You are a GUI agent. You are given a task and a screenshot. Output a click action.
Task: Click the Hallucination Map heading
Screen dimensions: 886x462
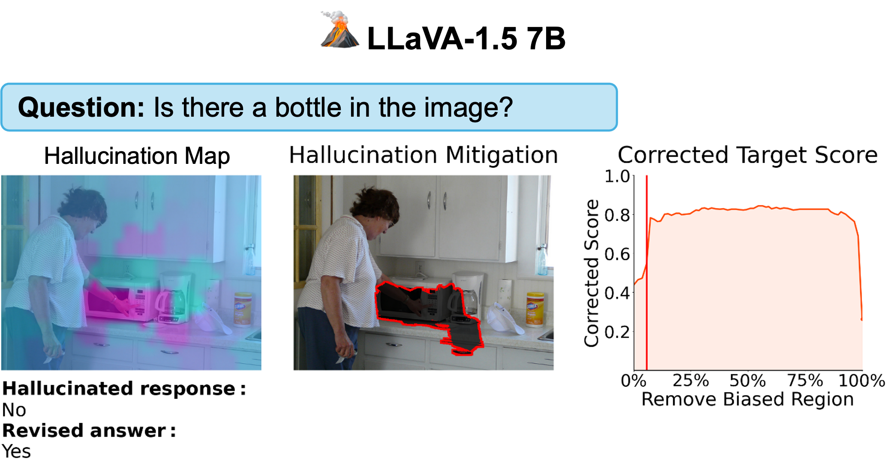pyautogui.click(x=137, y=156)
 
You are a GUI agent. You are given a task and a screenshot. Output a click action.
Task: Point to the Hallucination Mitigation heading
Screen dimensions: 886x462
pyautogui.click(x=423, y=155)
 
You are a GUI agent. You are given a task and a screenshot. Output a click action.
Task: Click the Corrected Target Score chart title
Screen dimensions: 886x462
pyautogui.click(x=748, y=155)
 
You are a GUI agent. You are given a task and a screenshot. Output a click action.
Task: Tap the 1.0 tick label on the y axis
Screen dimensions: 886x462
pyautogui.click(x=617, y=176)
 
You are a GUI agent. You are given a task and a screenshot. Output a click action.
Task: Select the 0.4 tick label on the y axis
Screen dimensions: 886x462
pyautogui.click(x=617, y=293)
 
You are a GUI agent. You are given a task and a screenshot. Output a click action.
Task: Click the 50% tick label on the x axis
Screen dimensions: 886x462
pyautogui.click(x=748, y=380)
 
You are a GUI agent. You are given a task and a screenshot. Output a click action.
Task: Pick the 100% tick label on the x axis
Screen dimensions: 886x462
pyautogui.click(x=862, y=380)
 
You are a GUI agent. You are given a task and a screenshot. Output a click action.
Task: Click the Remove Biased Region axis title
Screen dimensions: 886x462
pyautogui.click(x=748, y=399)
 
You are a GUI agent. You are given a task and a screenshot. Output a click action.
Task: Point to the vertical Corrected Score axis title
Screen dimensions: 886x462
pyautogui.click(x=592, y=273)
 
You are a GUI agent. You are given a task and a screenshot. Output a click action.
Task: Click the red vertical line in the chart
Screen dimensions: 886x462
pyautogui.click(x=646, y=273)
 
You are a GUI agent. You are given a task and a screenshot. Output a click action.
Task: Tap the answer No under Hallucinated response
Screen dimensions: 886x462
pyautogui.click(x=14, y=410)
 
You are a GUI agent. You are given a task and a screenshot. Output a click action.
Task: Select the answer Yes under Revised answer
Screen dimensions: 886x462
pyautogui.click(x=16, y=452)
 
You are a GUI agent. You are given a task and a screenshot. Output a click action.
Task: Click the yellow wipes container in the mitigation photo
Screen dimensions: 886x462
pyautogui.click(x=535, y=309)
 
